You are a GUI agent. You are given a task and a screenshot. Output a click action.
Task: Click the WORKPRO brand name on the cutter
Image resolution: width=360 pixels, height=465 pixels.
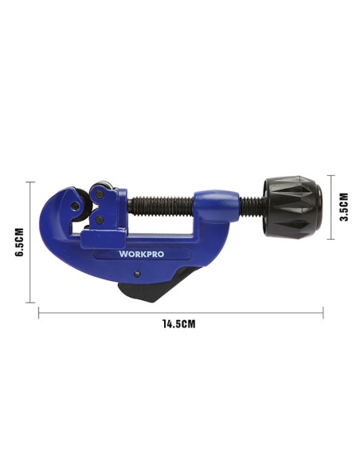click(141, 254)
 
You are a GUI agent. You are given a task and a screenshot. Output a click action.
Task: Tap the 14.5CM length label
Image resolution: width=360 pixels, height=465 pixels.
click(179, 324)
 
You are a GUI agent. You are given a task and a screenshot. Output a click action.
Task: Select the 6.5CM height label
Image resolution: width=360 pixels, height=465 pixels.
click(20, 242)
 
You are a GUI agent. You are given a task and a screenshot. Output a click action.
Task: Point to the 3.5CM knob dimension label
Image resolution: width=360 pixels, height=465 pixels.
click(344, 207)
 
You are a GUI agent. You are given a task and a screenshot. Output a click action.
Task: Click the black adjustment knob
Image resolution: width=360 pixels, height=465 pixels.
click(293, 207)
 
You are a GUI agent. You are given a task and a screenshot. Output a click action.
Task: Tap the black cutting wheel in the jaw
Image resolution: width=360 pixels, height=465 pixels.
click(84, 205)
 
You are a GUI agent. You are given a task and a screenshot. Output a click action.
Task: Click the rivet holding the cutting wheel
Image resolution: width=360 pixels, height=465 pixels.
click(76, 205)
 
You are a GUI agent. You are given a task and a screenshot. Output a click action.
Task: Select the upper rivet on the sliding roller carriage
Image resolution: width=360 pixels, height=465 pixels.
click(100, 194)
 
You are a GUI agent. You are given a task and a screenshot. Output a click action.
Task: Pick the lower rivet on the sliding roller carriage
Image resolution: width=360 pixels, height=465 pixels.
click(100, 220)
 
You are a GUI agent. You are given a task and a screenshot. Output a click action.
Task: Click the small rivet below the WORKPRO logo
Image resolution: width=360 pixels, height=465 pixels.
click(137, 274)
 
